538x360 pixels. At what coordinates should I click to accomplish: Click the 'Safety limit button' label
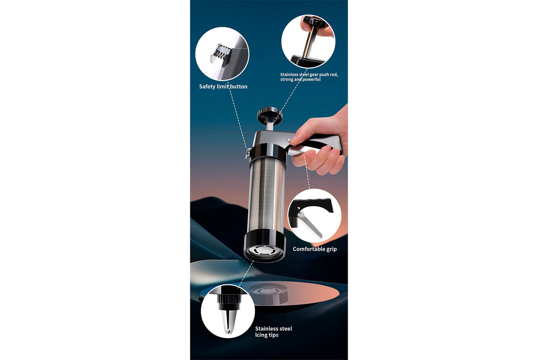223,86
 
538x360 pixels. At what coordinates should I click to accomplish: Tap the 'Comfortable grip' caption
315,249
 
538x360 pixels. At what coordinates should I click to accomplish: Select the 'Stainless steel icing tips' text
273,332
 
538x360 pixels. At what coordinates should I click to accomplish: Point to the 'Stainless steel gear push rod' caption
309,77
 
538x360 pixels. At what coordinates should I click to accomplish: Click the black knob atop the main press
270,114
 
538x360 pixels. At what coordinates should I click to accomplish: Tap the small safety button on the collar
247,153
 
